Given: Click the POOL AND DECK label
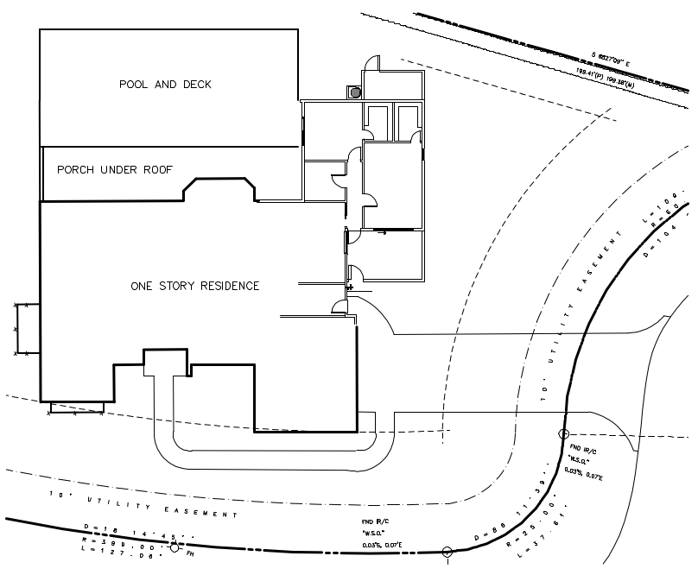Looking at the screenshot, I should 165,85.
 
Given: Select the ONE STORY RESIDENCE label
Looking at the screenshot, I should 194,286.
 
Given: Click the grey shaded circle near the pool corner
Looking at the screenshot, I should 354,92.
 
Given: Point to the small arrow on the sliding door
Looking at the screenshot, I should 380,232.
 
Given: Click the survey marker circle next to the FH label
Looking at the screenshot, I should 174,547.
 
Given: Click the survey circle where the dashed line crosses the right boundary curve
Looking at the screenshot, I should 563,434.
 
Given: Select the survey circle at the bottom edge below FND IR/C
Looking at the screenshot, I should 447,551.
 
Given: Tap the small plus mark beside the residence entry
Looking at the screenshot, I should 350,286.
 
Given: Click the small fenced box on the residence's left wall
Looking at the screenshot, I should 26,329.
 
